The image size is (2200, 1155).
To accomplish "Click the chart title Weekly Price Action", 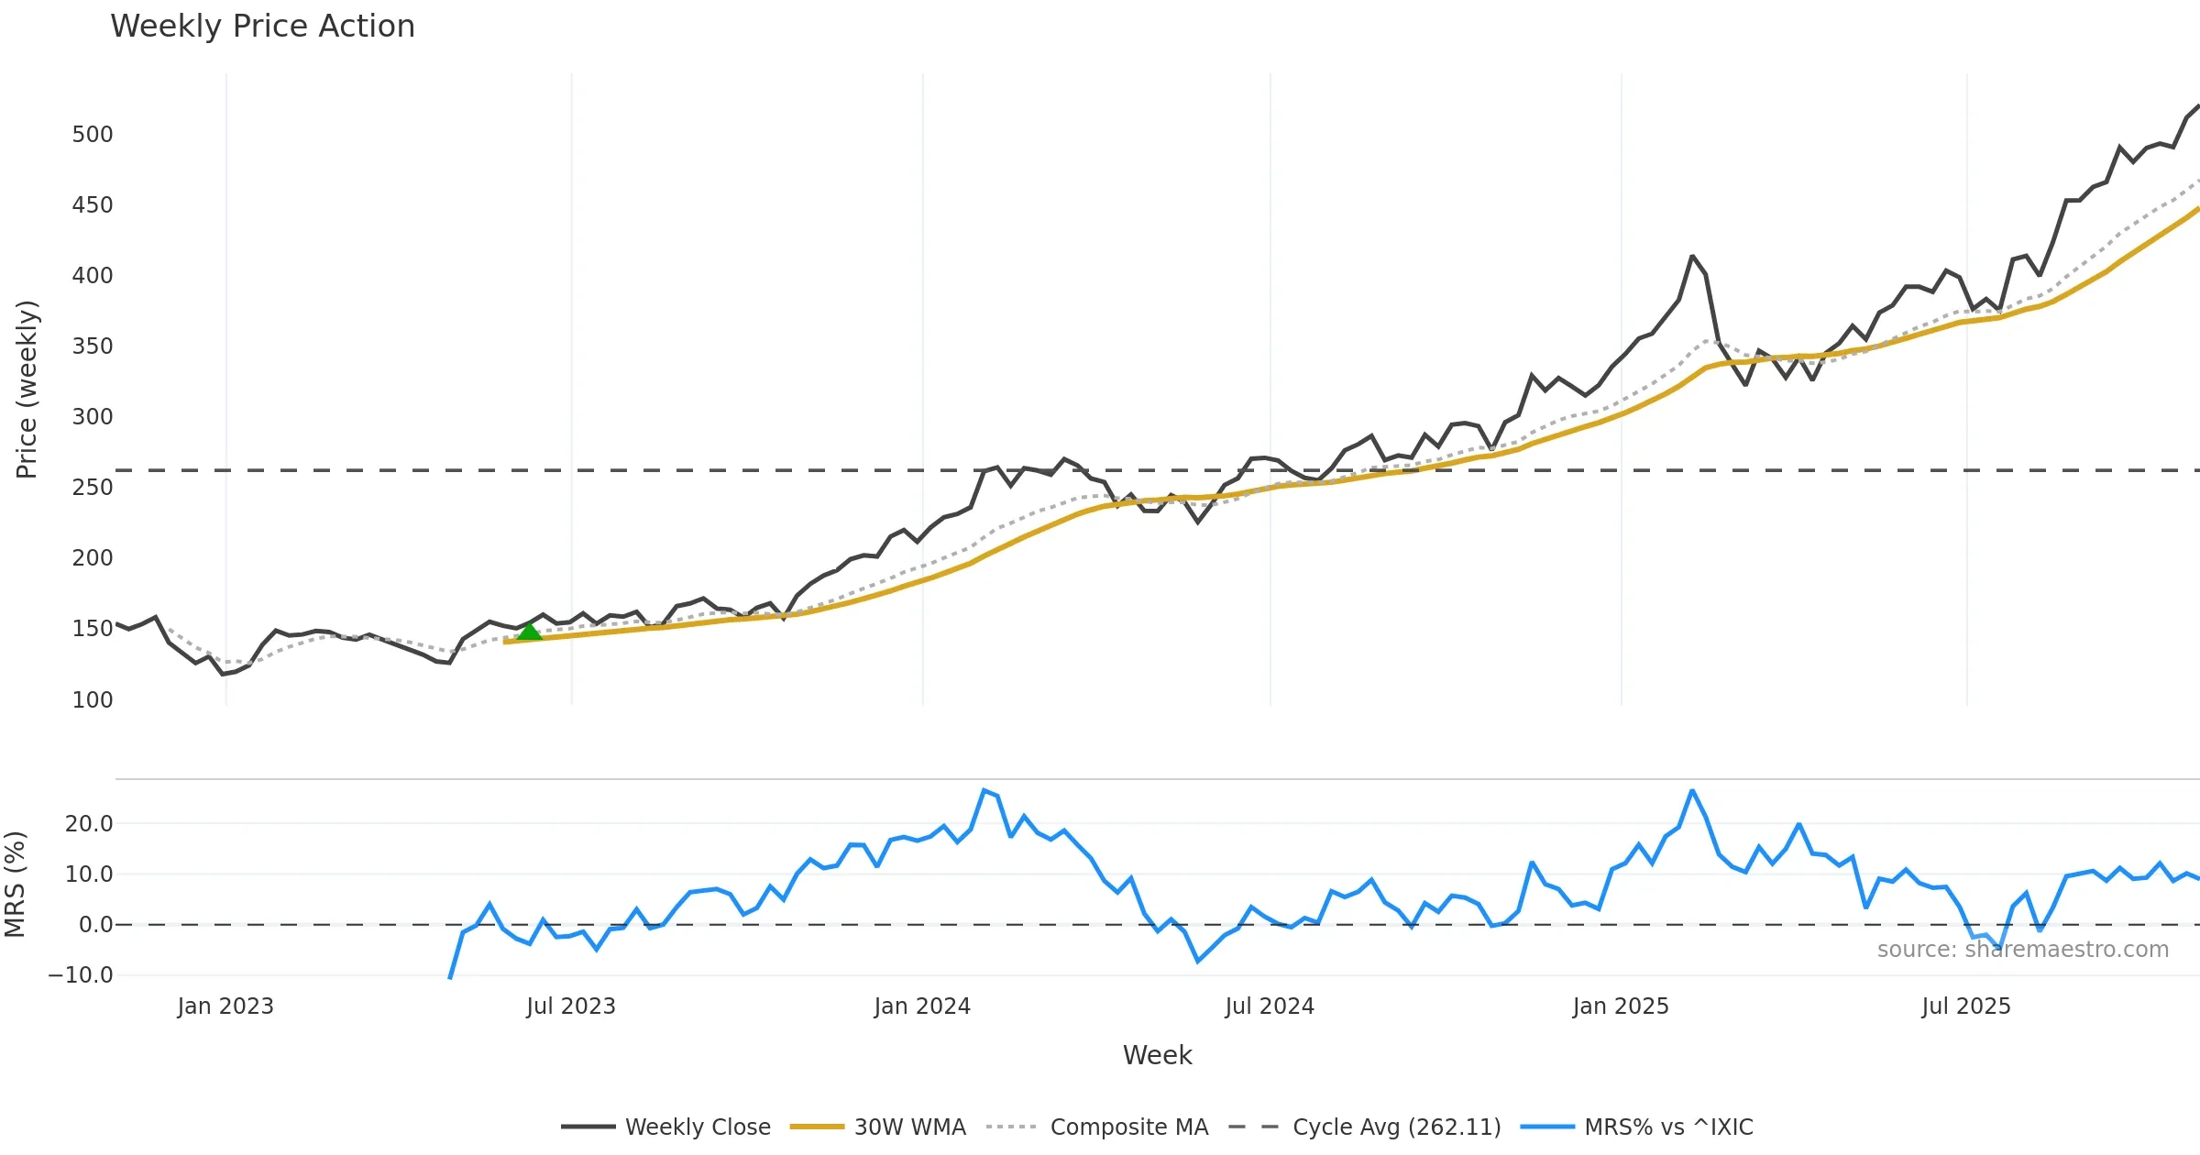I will (262, 27).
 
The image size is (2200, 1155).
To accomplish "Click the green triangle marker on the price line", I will (529, 632).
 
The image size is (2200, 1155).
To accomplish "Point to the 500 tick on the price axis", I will (93, 135).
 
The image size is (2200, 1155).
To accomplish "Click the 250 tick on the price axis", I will (93, 488).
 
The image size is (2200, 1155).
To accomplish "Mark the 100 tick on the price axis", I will (93, 700).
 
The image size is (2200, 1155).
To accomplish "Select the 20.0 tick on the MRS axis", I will (89, 824).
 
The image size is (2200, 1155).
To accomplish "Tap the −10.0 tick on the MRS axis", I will (81, 975).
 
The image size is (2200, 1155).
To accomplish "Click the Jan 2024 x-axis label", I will (922, 1006).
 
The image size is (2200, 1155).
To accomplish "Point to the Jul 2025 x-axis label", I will (1966, 1006).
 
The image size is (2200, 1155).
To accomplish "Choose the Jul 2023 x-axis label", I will (571, 1006).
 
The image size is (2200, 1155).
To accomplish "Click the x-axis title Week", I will (1157, 1056).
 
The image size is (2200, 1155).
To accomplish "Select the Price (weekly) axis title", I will (27, 390).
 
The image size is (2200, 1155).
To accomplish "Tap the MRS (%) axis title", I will (15, 885).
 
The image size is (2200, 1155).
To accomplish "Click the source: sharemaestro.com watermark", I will (2022, 950).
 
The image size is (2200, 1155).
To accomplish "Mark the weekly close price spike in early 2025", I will (1692, 257).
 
